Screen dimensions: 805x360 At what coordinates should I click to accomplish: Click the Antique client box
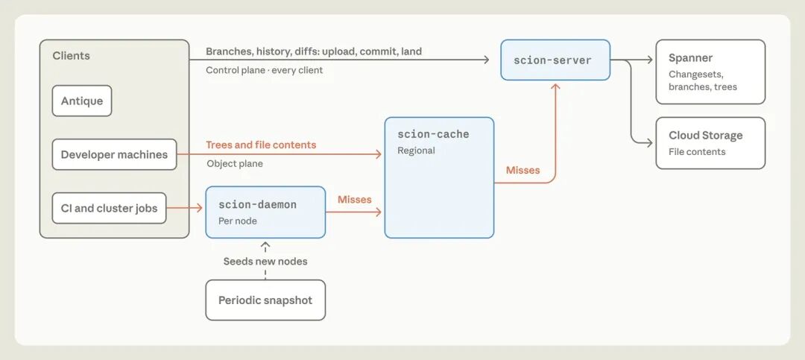pyautogui.click(x=82, y=101)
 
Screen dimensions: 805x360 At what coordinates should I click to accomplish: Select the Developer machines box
pyautogui.click(x=114, y=154)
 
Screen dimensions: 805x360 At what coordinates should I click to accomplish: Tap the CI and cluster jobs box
pyautogui.click(x=109, y=208)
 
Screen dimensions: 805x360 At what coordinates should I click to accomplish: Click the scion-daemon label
pyautogui.click(x=257, y=204)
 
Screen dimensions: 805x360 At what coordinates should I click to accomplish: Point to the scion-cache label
pyautogui.click(x=433, y=135)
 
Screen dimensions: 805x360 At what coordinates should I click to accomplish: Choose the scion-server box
pyautogui.click(x=555, y=60)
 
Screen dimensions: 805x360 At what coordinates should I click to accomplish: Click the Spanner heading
pyautogui.click(x=690, y=58)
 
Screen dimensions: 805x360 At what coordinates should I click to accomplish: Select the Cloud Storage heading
pyautogui.click(x=705, y=136)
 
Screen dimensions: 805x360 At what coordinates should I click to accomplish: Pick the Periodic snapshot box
pyautogui.click(x=265, y=300)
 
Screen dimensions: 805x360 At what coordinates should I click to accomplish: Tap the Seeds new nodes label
pyautogui.click(x=265, y=262)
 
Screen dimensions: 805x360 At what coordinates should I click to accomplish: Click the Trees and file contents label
pyautogui.click(x=261, y=145)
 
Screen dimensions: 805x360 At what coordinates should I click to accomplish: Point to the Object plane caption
pyautogui.click(x=235, y=164)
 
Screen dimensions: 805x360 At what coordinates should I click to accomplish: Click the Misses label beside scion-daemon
pyautogui.click(x=354, y=199)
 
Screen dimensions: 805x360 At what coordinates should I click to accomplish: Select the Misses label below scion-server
pyautogui.click(x=523, y=170)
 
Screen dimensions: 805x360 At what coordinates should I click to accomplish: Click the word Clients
pyautogui.click(x=71, y=55)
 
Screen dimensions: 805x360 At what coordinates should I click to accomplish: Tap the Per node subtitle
pyautogui.click(x=238, y=221)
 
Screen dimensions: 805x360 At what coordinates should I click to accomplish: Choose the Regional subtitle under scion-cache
pyautogui.click(x=416, y=151)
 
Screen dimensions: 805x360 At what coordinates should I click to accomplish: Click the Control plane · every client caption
pyautogui.click(x=265, y=70)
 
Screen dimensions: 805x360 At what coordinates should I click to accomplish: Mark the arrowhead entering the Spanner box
pyautogui.click(x=650, y=60)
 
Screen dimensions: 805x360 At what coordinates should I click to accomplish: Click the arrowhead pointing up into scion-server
pyautogui.click(x=555, y=86)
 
